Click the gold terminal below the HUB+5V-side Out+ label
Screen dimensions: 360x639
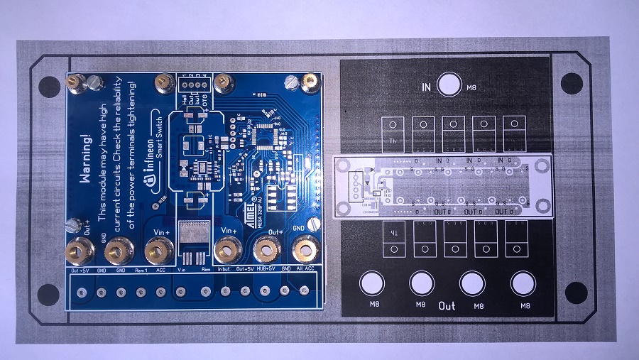266,249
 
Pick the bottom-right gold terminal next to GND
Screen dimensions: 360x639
305,249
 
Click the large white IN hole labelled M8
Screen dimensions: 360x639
449,84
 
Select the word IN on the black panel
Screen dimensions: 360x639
426,87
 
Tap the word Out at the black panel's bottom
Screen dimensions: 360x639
447,306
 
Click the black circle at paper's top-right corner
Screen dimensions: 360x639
572,84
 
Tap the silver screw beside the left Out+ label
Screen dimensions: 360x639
72,226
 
